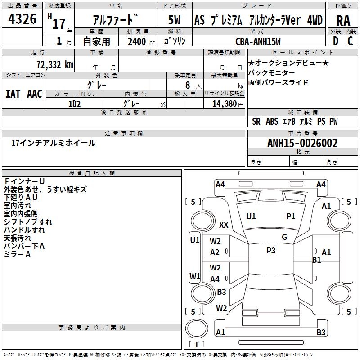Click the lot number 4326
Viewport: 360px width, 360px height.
(22, 20)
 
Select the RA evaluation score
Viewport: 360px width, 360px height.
(343, 21)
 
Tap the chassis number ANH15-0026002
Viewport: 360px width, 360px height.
(302, 143)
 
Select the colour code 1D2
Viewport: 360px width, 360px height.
(74, 103)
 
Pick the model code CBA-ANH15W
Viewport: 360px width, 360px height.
(258, 41)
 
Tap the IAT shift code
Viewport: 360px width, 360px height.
(13, 94)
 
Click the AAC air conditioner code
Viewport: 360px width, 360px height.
(34, 94)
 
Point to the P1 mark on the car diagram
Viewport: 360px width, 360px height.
(291, 216)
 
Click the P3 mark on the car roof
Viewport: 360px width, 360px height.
(271, 251)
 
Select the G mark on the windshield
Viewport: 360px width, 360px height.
(284, 237)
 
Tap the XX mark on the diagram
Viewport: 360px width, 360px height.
(224, 225)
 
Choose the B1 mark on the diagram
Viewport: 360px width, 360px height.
(317, 260)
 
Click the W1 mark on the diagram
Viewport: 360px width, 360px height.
(195, 276)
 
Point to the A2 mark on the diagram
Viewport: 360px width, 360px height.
(215, 252)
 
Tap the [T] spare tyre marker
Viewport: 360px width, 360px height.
(197, 345)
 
